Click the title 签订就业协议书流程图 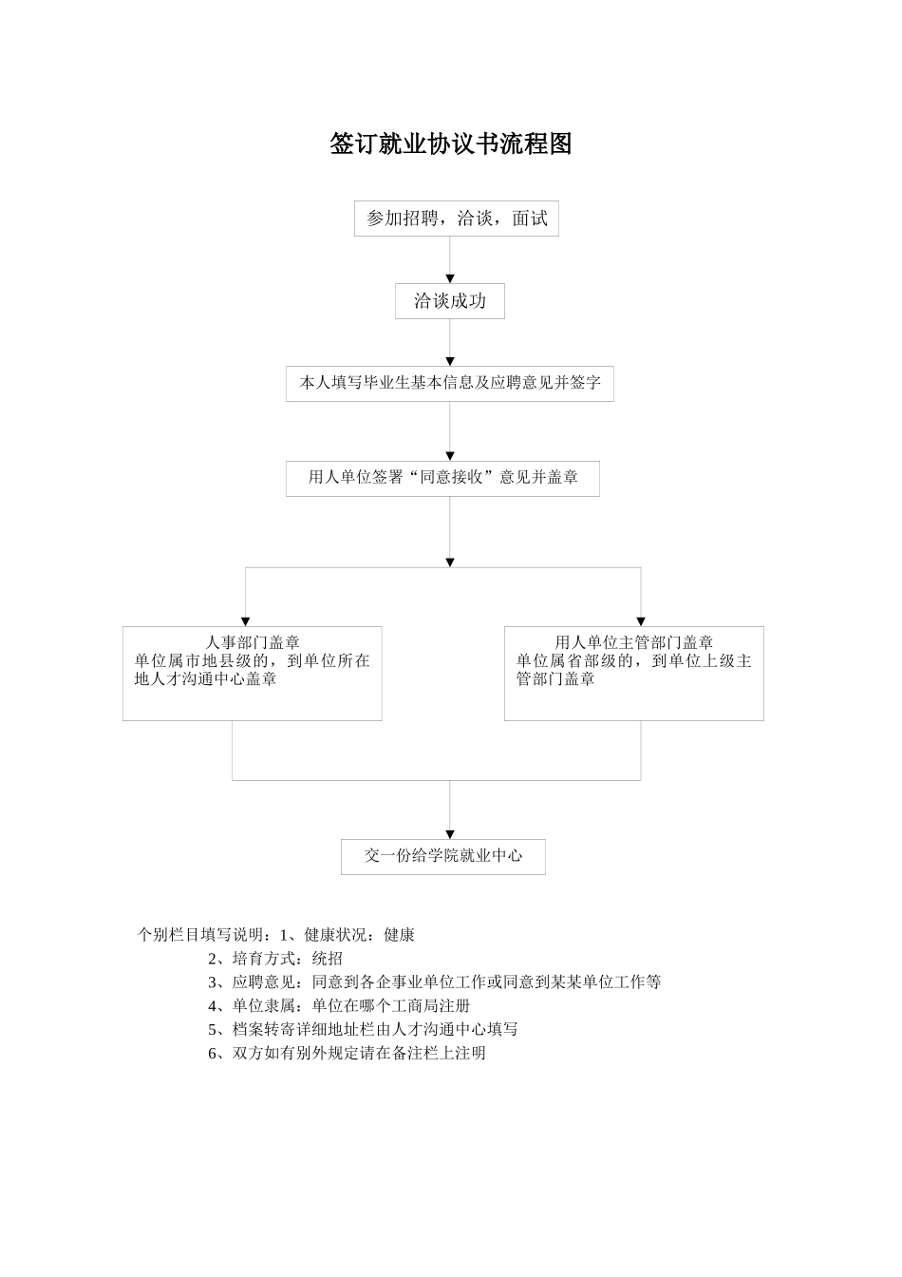[451, 143]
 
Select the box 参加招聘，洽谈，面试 [457, 219]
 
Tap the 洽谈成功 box [450, 301]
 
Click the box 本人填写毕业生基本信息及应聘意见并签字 [450, 384]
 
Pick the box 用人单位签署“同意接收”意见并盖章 [442, 477]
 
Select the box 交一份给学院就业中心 [443, 856]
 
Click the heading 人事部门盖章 [253, 643]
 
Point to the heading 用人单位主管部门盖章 [634, 643]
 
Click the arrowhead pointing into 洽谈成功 [450, 278]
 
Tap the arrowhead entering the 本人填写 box [450, 362]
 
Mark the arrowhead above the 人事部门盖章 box [246, 621]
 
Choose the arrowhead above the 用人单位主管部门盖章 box [641, 621]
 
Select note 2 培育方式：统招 [275, 959]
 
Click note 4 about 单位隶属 [339, 1005]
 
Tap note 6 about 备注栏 [347, 1053]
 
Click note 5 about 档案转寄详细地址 [363, 1029]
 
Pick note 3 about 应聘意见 [434, 982]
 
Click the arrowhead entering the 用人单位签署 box [450, 456]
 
